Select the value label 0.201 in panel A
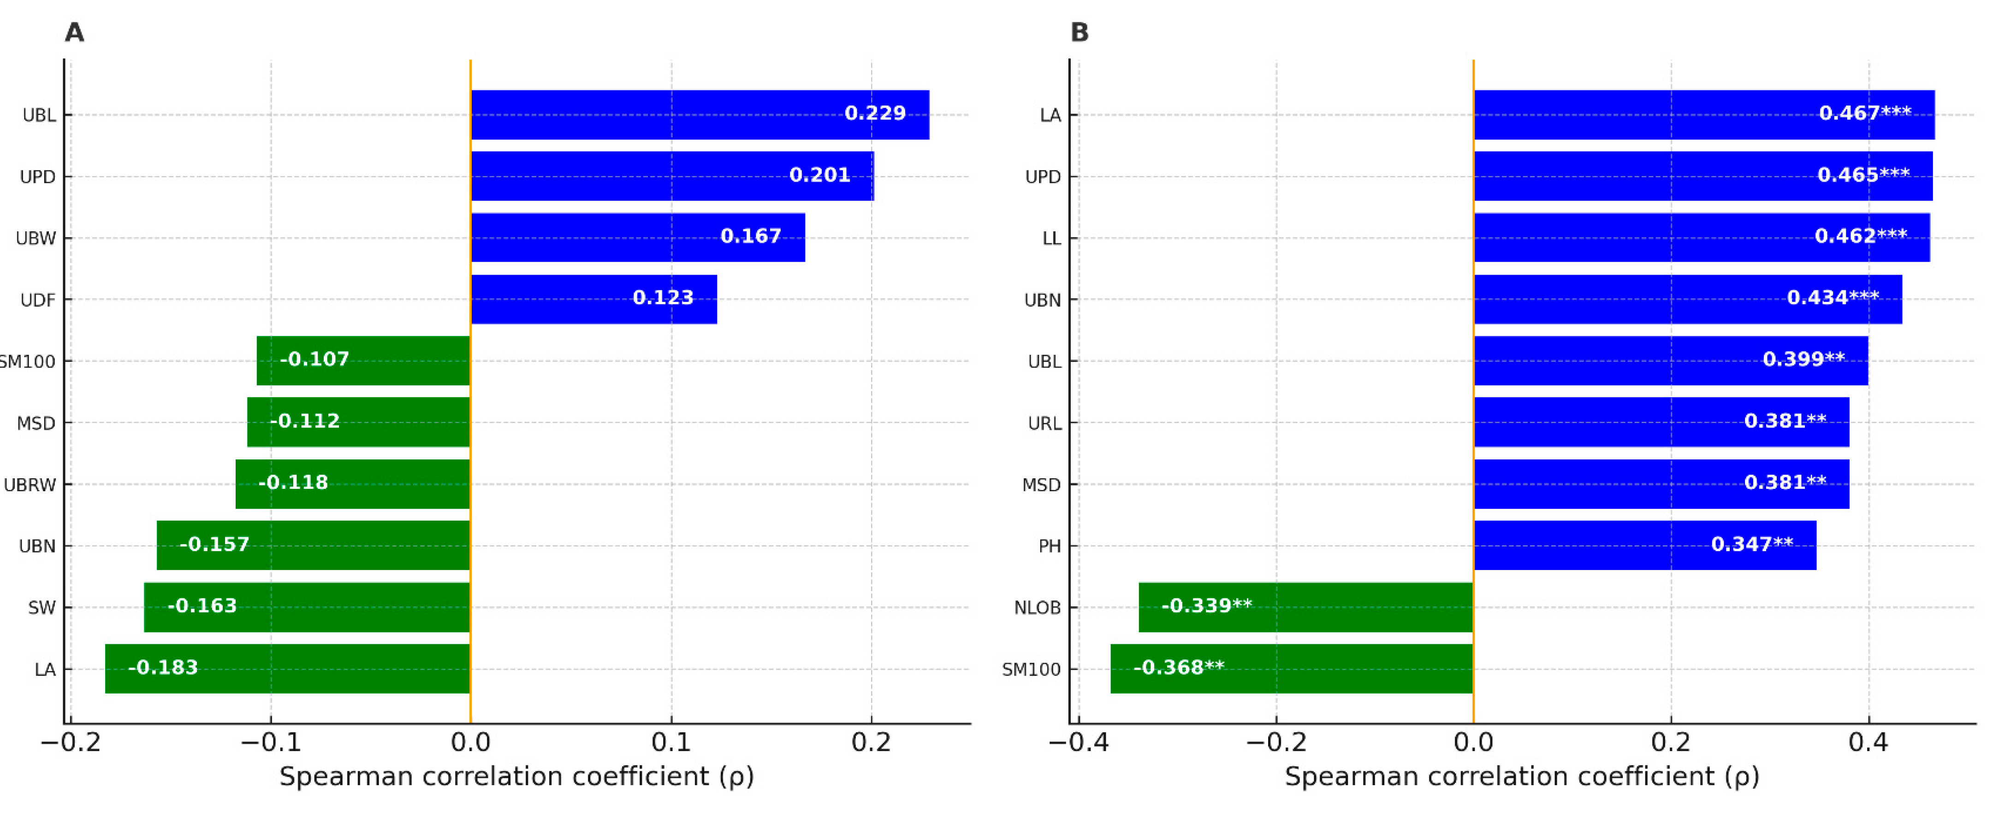pos(819,175)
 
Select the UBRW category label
pos(30,485)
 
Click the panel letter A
pos(74,33)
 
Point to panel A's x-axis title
pos(516,776)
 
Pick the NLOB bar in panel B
pos(1305,607)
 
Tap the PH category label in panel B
pos(1049,546)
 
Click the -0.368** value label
pos(1178,668)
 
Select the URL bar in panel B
pos(1661,423)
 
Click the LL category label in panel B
pos(1051,239)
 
